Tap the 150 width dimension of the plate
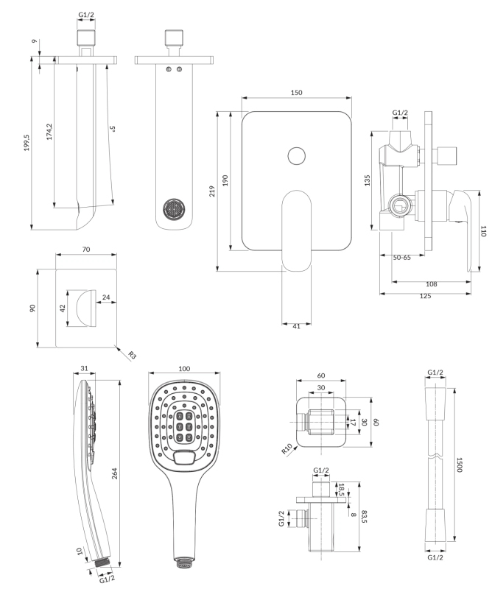pyautogui.click(x=296, y=93)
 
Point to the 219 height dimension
pyautogui.click(x=212, y=192)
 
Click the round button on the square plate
pyautogui.click(x=296, y=156)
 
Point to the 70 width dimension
pyautogui.click(x=86, y=250)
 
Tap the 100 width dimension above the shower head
pyautogui.click(x=184, y=368)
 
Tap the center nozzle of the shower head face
pyautogui.click(x=184, y=425)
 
